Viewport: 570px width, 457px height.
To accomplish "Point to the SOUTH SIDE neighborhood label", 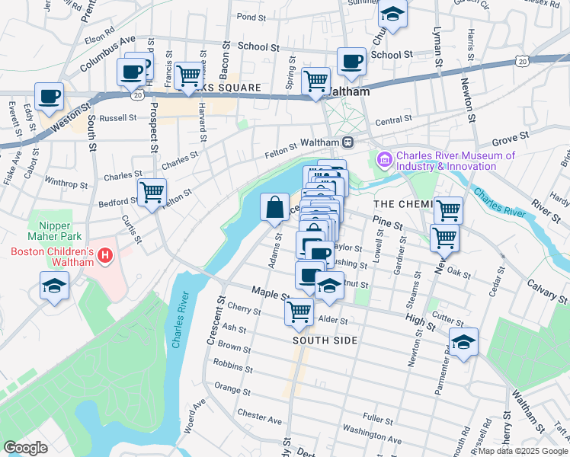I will click(325, 340).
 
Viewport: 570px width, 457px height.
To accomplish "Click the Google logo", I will click(25, 448).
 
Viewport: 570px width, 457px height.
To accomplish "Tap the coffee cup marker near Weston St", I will click(50, 97).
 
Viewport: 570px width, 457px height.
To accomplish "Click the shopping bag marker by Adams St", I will click(274, 206).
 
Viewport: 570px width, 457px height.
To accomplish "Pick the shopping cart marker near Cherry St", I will click(299, 310).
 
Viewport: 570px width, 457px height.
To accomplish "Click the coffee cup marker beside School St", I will click(351, 61).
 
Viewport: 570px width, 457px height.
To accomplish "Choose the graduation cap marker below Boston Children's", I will click(54, 286).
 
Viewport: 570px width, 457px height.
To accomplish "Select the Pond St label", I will click(250, 16).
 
